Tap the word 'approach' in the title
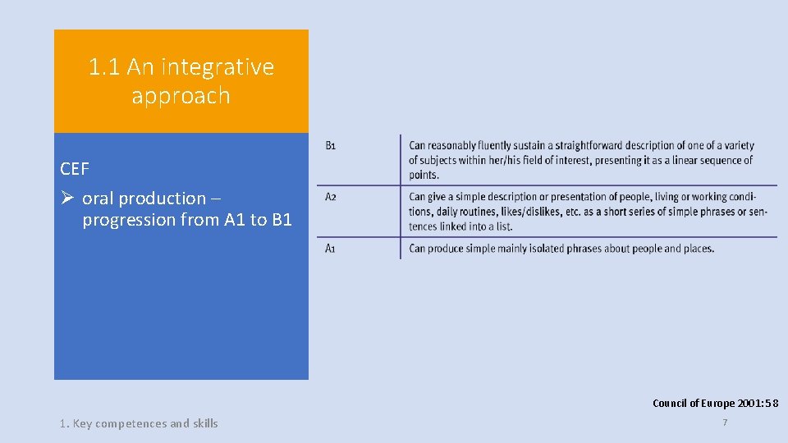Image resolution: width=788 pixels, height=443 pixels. click(x=181, y=96)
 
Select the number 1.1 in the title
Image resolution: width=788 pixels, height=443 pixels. click(x=104, y=67)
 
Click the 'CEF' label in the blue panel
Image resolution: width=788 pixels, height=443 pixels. click(x=75, y=169)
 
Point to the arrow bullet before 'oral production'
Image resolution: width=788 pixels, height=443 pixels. click(x=68, y=198)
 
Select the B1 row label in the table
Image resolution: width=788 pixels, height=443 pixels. click(x=330, y=146)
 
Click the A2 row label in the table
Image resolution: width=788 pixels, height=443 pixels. click(x=330, y=197)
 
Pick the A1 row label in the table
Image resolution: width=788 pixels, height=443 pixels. click(x=330, y=249)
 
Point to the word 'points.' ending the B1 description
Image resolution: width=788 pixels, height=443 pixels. click(x=424, y=175)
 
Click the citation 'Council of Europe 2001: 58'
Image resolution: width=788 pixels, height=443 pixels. click(x=715, y=403)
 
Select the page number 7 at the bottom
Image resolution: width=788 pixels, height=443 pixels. click(x=725, y=422)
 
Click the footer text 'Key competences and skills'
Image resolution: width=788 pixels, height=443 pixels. click(x=145, y=423)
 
